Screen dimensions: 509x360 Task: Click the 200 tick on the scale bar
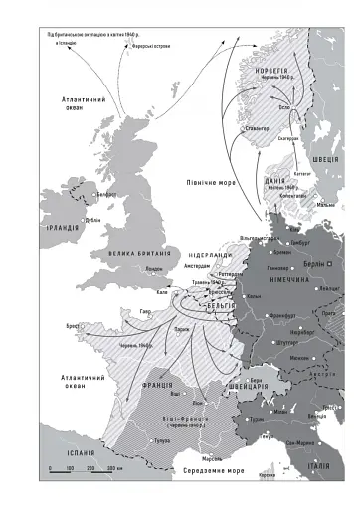pos(91,465)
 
